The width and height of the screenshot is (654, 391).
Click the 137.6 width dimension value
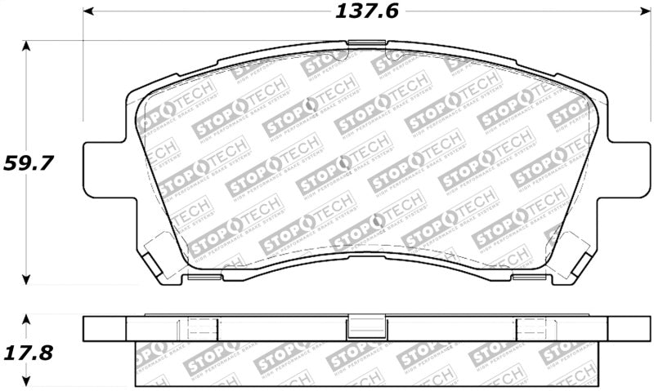coord(361,12)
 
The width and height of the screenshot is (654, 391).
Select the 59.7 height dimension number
coord(29,162)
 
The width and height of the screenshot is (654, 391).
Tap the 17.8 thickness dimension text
coord(29,353)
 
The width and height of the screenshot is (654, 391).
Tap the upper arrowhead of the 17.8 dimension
coord(27,319)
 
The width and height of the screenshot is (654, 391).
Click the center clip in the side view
coord(361,327)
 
